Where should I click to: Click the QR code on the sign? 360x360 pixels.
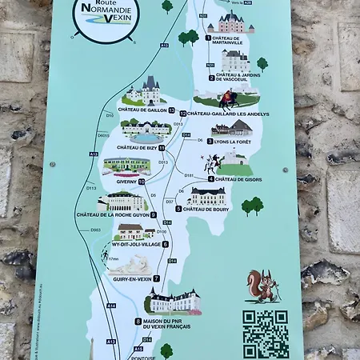(265, 333)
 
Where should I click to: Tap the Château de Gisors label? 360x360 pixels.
(239, 178)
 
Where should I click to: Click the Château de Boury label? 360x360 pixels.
(210, 209)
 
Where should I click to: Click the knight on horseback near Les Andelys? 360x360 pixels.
(228, 99)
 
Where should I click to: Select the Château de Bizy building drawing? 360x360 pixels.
(146, 130)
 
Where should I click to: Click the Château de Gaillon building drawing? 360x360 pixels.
(144, 91)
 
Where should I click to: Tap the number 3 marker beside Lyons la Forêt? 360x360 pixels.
(210, 141)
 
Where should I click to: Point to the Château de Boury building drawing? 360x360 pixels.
(207, 195)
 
